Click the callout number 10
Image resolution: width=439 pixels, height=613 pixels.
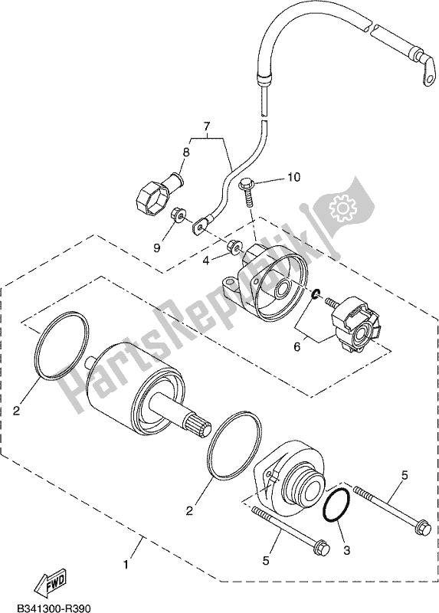(273, 179)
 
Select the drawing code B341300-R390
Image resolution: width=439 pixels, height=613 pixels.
(51, 608)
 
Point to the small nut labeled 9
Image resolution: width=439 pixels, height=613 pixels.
(177, 216)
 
